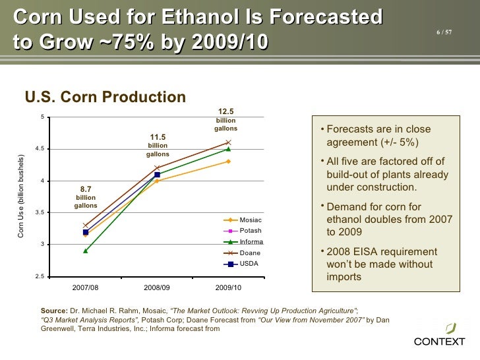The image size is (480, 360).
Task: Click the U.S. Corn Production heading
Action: tap(105, 98)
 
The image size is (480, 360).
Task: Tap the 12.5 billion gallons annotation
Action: tap(225, 120)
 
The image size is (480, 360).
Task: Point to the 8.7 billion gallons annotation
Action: tap(86, 197)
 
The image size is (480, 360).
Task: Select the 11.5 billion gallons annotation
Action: tap(158, 145)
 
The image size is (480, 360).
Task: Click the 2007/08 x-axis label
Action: tap(86, 287)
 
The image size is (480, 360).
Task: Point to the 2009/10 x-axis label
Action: tap(228, 287)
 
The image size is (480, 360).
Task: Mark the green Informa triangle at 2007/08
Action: tap(86, 251)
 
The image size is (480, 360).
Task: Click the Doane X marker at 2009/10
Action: tap(228, 142)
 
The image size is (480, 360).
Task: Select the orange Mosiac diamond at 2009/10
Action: tap(228, 162)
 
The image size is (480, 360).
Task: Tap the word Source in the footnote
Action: tap(53, 309)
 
